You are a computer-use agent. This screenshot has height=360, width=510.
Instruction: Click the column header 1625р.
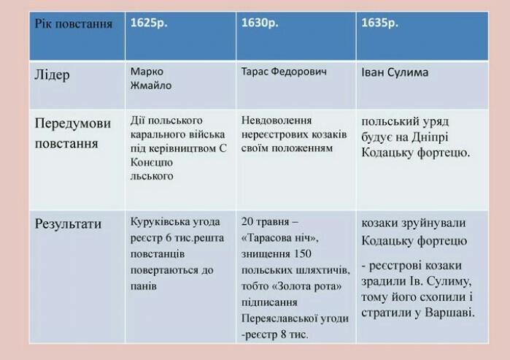point(149,23)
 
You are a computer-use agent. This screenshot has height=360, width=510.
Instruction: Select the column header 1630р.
point(260,23)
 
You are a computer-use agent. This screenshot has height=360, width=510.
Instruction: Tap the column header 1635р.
point(380,23)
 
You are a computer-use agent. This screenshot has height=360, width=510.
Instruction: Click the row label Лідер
point(52,75)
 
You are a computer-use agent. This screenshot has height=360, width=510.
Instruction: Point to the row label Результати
point(68,224)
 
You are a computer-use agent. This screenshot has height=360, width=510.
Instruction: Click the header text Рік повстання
point(74,24)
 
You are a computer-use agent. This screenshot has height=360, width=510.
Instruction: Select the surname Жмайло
point(151,85)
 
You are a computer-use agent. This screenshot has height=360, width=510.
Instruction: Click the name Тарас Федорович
point(284,72)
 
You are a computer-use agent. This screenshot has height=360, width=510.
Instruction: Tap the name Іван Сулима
point(395,72)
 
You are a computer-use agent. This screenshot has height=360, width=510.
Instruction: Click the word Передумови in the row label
point(73,123)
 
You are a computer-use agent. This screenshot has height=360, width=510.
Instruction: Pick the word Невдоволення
point(277,120)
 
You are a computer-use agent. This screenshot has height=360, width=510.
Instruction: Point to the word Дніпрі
point(430,137)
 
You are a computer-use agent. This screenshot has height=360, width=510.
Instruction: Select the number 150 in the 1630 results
point(301,254)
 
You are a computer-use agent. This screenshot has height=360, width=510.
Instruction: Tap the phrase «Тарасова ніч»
point(280,238)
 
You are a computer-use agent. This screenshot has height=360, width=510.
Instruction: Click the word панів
point(144,286)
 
